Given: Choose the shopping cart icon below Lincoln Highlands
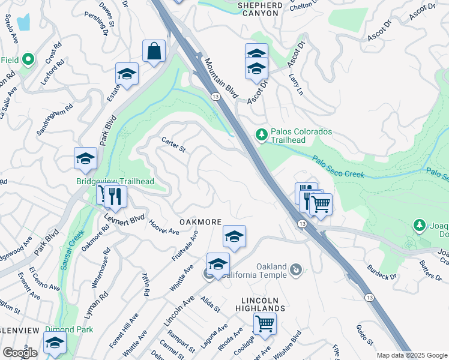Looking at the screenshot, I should click(264, 323).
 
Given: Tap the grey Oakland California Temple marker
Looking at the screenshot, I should click(295, 271).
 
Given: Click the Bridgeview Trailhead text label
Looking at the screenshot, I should click(115, 182).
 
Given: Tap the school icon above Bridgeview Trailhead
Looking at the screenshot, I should click(85, 158).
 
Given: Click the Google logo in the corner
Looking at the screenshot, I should click(20, 353).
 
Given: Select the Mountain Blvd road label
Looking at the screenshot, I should click(221, 79).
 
